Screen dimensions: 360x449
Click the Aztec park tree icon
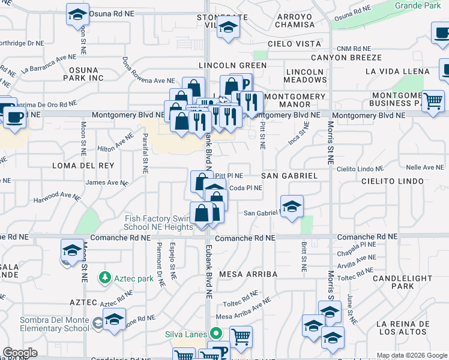(105, 277)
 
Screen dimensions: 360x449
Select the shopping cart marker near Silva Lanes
(241, 338)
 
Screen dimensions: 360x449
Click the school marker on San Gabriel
(292, 207)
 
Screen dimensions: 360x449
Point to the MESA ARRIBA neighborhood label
(249, 274)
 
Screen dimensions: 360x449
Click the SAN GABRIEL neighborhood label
(289, 176)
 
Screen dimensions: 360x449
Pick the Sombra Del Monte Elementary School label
(46, 324)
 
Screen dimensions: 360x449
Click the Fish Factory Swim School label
(158, 223)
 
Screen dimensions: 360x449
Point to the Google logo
(20, 352)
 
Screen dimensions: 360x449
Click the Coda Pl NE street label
(246, 188)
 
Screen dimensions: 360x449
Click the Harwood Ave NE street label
(56, 197)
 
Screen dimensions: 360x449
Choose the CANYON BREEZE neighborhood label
(346, 58)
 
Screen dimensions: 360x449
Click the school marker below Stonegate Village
(228, 28)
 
